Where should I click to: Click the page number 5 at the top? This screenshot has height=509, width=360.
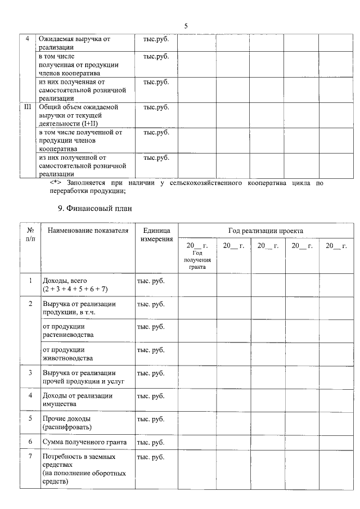(x=186, y=26)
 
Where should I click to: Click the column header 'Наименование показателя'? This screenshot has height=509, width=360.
(x=88, y=231)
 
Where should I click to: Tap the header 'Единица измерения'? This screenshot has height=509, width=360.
(x=156, y=235)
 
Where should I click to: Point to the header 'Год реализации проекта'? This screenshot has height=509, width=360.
(x=265, y=231)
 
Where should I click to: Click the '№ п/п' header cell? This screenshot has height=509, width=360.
(x=30, y=235)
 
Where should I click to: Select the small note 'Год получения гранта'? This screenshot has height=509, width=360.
(x=197, y=260)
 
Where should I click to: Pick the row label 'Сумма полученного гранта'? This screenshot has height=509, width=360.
(x=84, y=442)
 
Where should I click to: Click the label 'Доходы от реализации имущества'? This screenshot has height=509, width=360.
(x=77, y=399)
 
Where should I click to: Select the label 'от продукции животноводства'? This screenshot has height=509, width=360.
(x=67, y=354)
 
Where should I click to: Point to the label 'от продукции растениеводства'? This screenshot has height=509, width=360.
(x=68, y=331)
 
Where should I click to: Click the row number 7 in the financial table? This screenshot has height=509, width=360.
(x=30, y=457)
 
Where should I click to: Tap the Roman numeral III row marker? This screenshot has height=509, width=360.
(x=27, y=106)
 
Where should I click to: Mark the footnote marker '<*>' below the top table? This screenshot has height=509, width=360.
(x=55, y=183)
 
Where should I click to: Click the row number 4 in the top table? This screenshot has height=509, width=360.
(x=27, y=39)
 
